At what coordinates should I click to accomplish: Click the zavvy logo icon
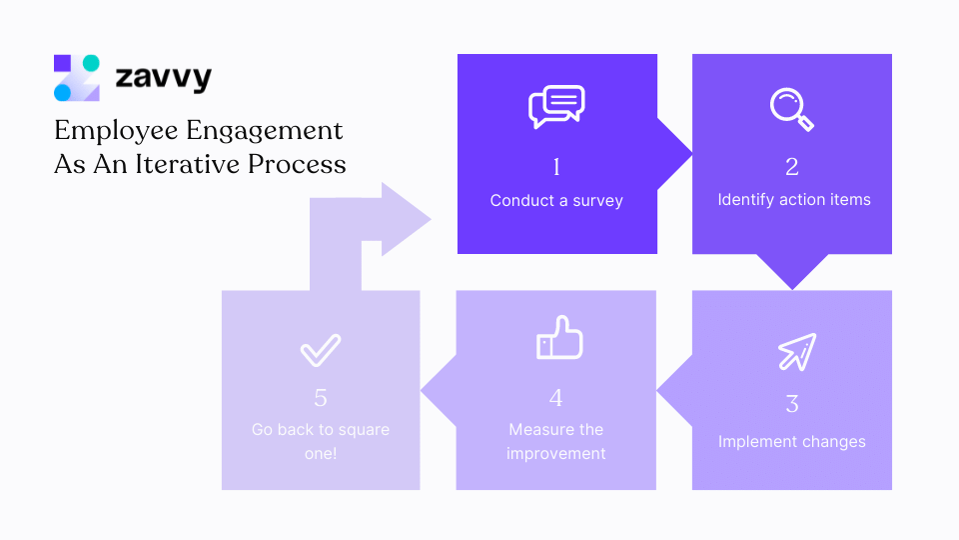pyautogui.click(x=77, y=78)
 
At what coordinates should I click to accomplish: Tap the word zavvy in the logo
pyautogui.click(x=163, y=78)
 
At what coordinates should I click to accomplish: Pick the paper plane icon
pyautogui.click(x=796, y=351)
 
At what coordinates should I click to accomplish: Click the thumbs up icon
pyautogui.click(x=558, y=338)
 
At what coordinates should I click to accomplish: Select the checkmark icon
pyautogui.click(x=321, y=350)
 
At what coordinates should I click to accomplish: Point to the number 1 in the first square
pyautogui.click(x=556, y=166)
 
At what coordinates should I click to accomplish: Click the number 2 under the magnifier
pyautogui.click(x=792, y=166)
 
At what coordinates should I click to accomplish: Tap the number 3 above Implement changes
pyautogui.click(x=792, y=404)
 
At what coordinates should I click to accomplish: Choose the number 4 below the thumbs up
pyautogui.click(x=556, y=398)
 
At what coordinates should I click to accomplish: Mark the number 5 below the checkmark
pyautogui.click(x=321, y=398)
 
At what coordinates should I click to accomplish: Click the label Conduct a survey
pyautogui.click(x=556, y=200)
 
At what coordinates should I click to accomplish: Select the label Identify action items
pyautogui.click(x=793, y=200)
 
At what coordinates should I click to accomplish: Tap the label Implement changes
pyautogui.click(x=792, y=441)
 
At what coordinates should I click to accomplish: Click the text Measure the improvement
pyautogui.click(x=556, y=441)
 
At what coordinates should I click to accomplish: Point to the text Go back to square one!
pyautogui.click(x=321, y=441)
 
